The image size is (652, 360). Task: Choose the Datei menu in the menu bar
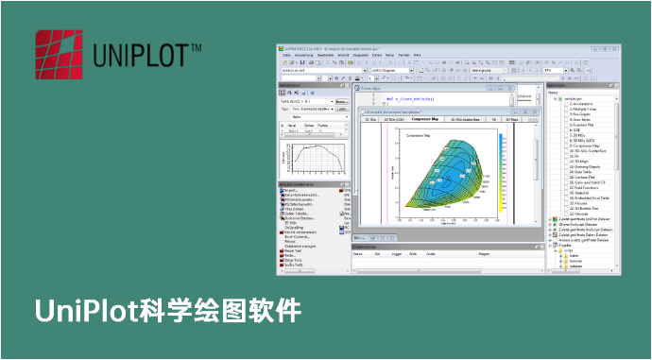[285, 56]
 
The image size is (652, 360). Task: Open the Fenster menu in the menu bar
[403, 56]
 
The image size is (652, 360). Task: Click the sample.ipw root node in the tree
[573, 97]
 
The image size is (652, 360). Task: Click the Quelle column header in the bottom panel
[431, 254]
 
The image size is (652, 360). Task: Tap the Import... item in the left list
[290, 189]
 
